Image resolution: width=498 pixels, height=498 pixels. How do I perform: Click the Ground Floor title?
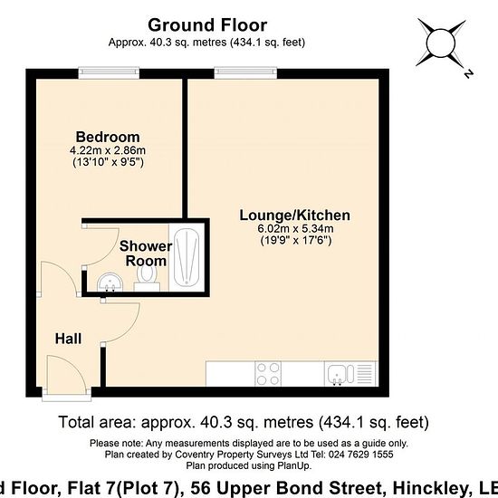[207, 25]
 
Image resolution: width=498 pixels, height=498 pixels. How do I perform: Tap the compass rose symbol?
[443, 44]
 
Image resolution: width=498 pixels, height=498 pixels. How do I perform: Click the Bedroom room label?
[108, 137]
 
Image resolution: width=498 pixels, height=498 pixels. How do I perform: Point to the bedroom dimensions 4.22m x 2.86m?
[108, 150]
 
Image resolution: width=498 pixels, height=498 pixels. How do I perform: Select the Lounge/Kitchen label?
[295, 215]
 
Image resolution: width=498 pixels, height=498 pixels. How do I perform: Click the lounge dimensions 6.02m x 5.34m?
[295, 228]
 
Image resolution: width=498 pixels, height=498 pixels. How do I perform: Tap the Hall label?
[68, 339]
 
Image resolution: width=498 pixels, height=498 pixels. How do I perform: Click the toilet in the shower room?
[147, 275]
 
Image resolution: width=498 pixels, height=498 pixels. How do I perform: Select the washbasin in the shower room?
[110, 282]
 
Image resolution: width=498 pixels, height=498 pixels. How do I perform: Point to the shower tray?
[187, 257]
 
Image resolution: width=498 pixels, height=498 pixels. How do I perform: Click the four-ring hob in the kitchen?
[268, 374]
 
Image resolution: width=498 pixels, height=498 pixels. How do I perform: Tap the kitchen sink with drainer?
[350, 374]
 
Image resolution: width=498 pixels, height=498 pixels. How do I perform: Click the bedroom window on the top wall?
[109, 73]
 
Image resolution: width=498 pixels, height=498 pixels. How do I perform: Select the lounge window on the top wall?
[245, 73]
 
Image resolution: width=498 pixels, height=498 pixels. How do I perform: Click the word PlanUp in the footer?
[294, 466]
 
